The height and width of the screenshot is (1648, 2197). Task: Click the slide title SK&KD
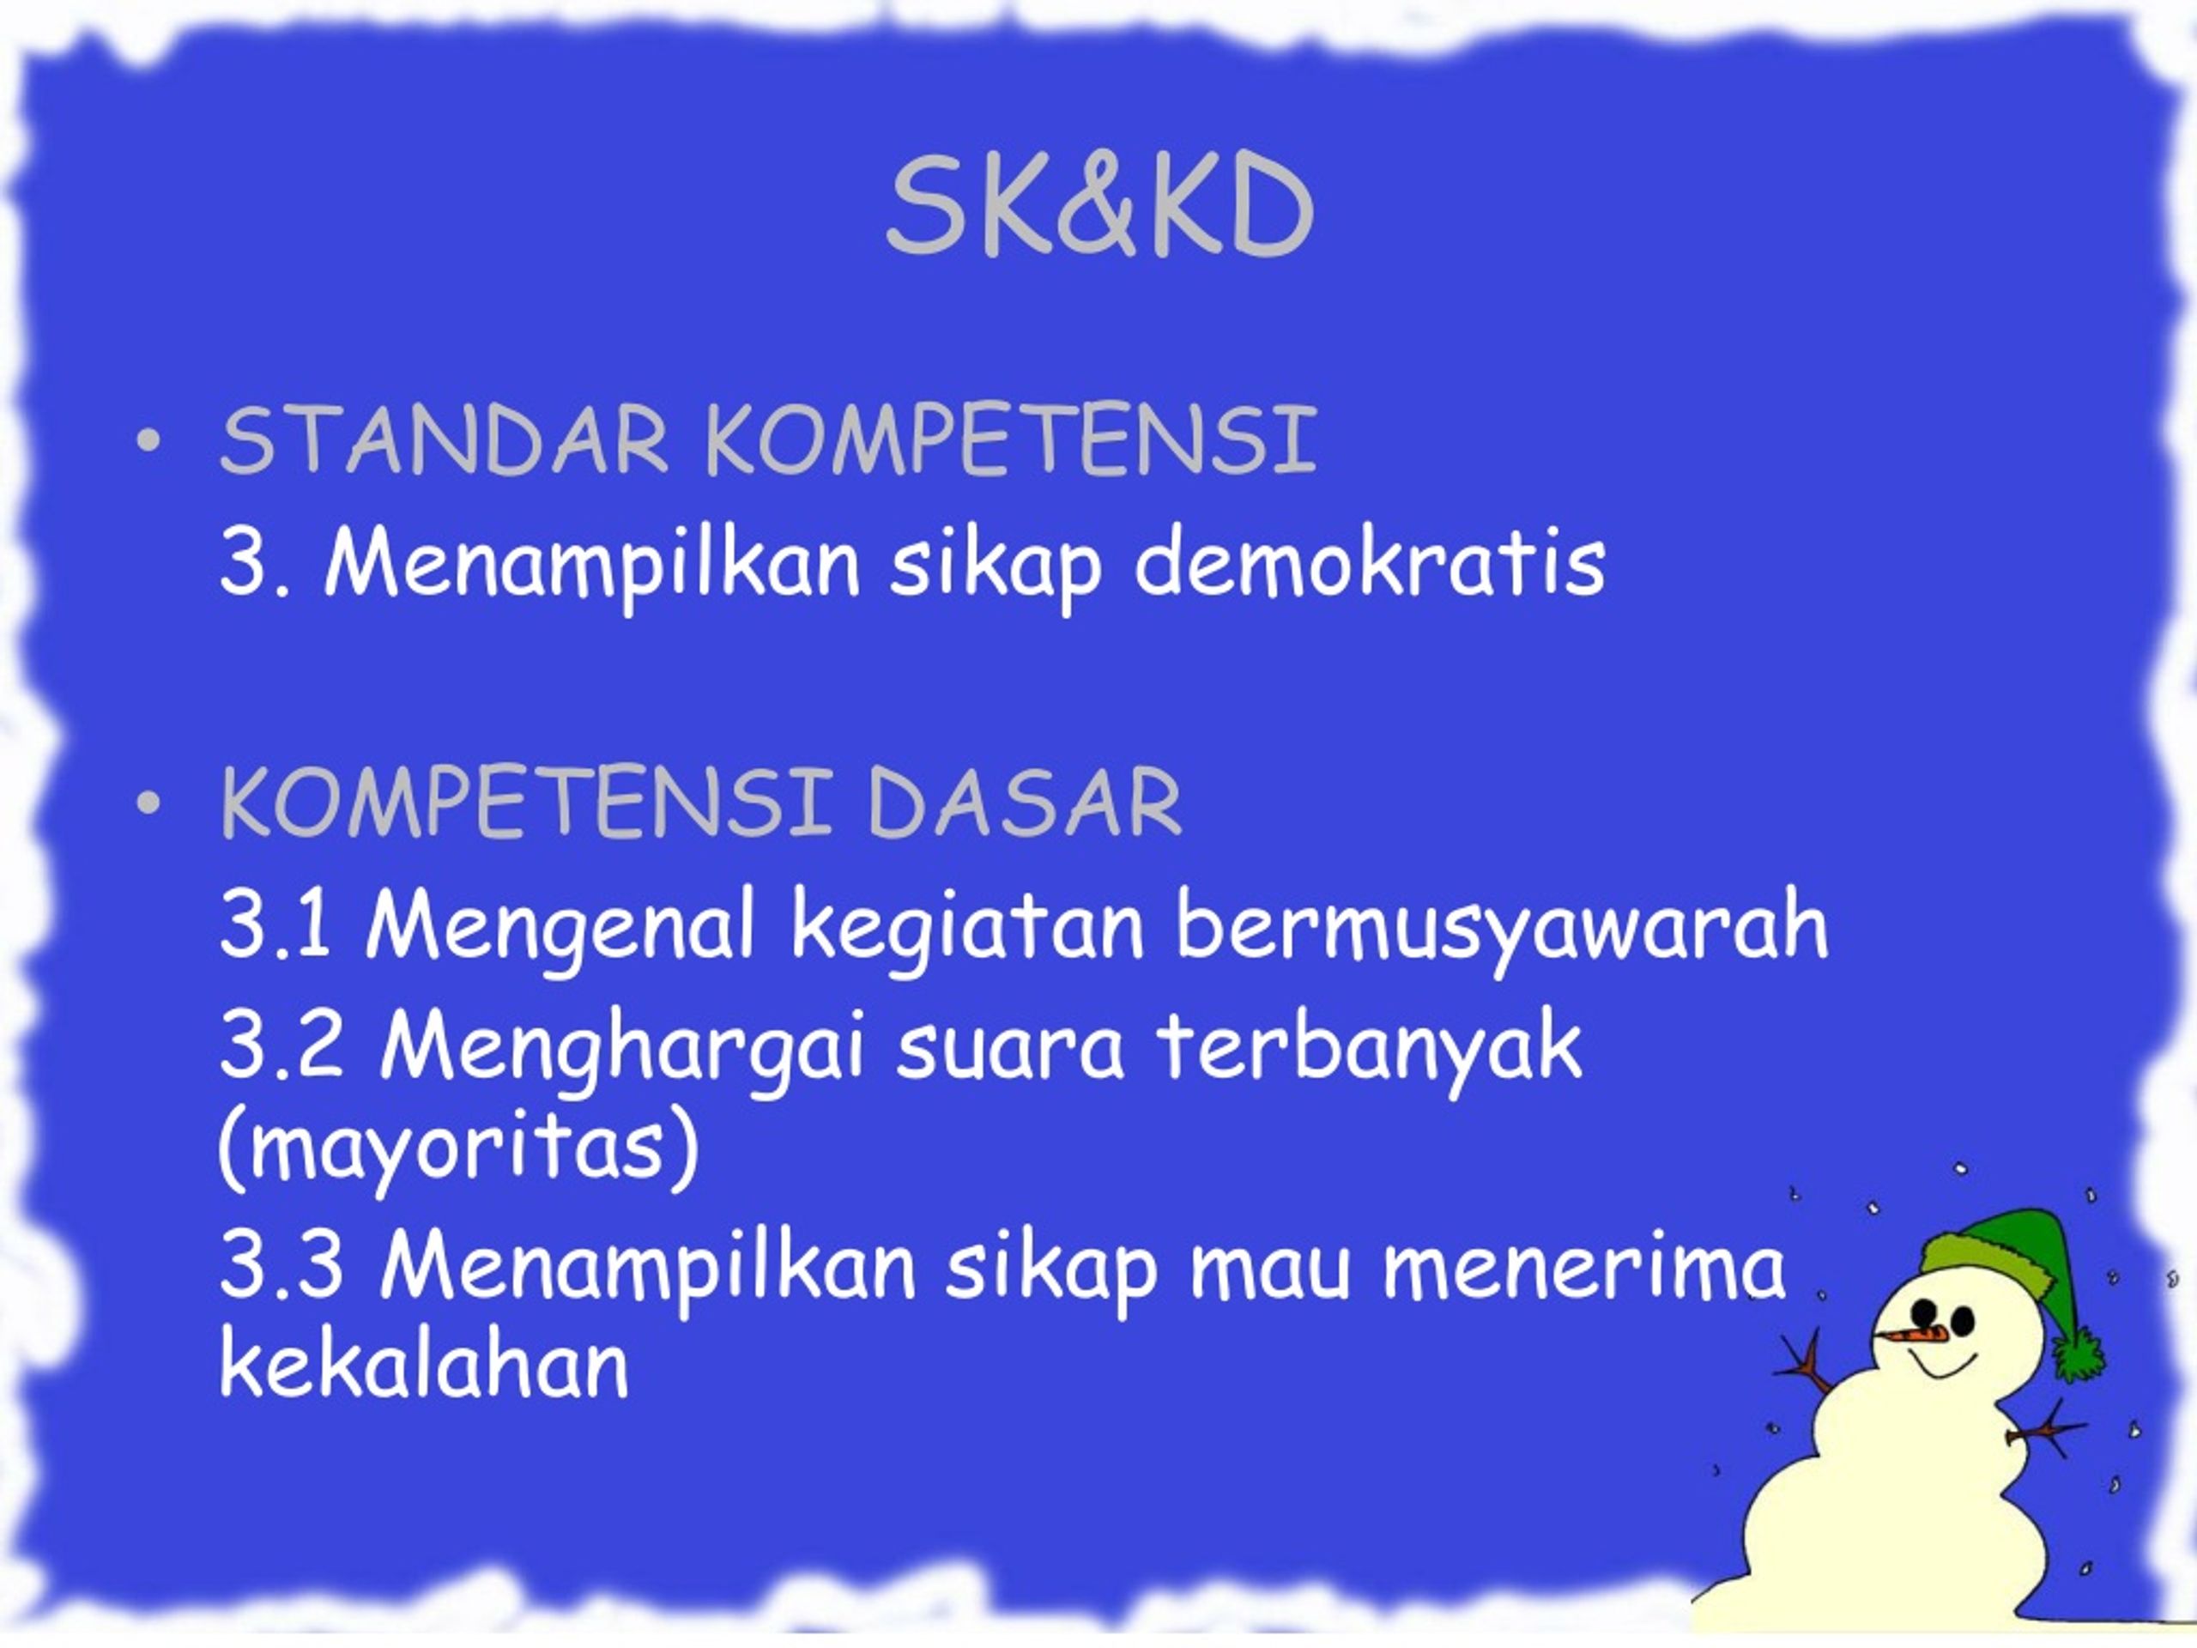[1099, 209]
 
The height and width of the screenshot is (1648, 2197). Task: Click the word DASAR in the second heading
[1024, 802]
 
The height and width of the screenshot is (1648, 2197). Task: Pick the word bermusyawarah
[1502, 928]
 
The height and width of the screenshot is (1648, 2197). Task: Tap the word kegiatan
[968, 928]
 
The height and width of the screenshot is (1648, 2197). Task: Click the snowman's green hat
[2001, 1257]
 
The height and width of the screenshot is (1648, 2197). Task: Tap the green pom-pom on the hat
[2079, 1352]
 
